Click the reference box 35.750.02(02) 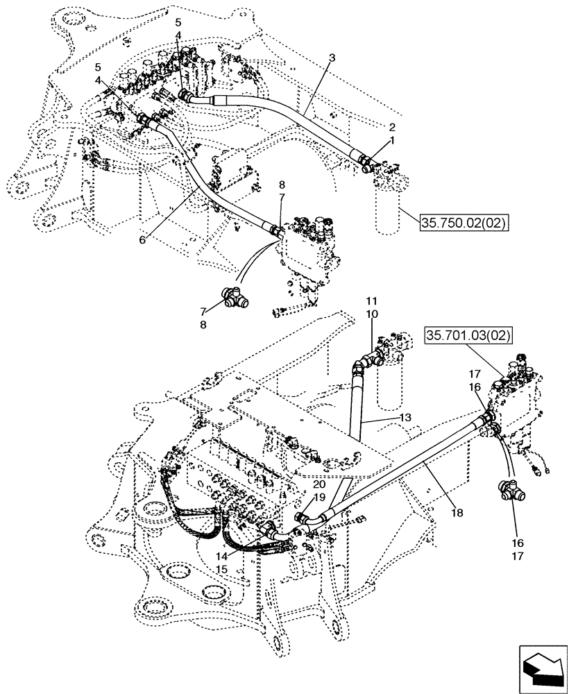(464, 222)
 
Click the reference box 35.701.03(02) (468, 337)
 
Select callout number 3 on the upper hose (332, 58)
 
